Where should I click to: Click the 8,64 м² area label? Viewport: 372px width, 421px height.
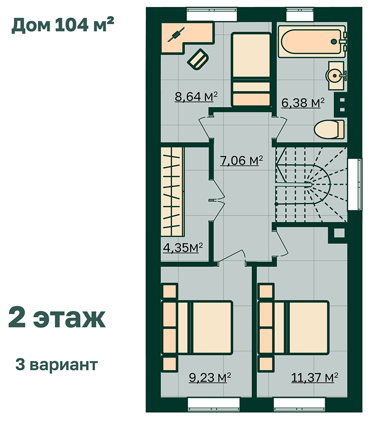click(x=196, y=97)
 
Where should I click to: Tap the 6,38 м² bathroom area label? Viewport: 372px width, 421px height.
click(x=303, y=103)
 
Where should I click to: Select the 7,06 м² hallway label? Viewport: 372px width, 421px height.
click(x=241, y=161)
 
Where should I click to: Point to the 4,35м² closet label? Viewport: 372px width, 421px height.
click(x=183, y=247)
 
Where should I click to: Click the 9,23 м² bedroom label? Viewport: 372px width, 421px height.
click(x=210, y=377)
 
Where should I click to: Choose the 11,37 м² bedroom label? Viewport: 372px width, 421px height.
click(x=314, y=377)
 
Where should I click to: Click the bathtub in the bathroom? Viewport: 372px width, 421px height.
click(x=312, y=42)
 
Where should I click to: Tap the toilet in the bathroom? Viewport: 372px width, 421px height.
click(x=329, y=130)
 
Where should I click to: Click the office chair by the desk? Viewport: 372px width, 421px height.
click(x=198, y=59)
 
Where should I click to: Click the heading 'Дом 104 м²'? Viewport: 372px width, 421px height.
click(x=63, y=25)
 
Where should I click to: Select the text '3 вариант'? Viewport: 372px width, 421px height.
click(x=57, y=365)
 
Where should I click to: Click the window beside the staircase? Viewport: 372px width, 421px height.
click(x=354, y=184)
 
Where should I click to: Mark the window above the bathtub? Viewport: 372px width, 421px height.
click(x=300, y=14)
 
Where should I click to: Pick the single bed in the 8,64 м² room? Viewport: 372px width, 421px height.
click(x=251, y=70)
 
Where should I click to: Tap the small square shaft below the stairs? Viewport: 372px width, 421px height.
click(x=339, y=233)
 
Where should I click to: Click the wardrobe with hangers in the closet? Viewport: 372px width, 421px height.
click(x=172, y=192)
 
